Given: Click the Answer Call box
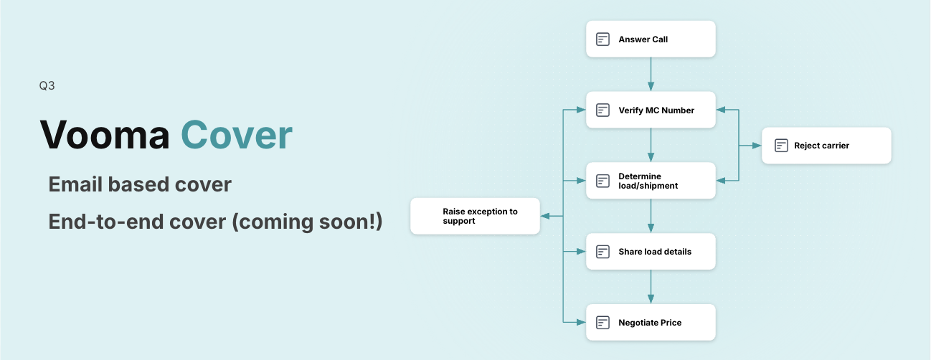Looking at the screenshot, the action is click(x=651, y=39).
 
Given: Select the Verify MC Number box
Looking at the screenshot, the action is click(x=651, y=110).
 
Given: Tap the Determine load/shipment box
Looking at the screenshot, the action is click(x=651, y=181).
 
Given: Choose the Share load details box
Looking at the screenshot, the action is click(x=651, y=252).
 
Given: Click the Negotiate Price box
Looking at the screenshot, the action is click(x=651, y=322).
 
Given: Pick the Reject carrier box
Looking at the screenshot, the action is click(x=826, y=146).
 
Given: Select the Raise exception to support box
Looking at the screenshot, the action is click(x=475, y=216).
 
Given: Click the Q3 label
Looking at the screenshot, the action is click(x=47, y=85).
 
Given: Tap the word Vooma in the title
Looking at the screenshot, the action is click(x=105, y=135).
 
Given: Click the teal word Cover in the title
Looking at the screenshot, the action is click(x=237, y=135).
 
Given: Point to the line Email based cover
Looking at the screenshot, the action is click(x=140, y=184).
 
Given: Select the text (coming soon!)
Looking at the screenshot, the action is click(x=307, y=222).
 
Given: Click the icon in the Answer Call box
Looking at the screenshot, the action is click(x=602, y=39).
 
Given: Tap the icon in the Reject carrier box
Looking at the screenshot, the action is click(x=781, y=146).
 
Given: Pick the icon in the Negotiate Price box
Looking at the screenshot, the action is click(x=602, y=323).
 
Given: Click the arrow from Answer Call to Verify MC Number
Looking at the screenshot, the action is click(x=651, y=75).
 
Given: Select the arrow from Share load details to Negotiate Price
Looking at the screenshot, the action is click(x=651, y=287).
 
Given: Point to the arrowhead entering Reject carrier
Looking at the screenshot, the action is click(x=757, y=146).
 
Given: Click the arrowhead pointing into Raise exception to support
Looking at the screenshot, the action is click(x=545, y=216).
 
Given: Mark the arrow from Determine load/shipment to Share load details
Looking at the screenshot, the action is click(x=651, y=216).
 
